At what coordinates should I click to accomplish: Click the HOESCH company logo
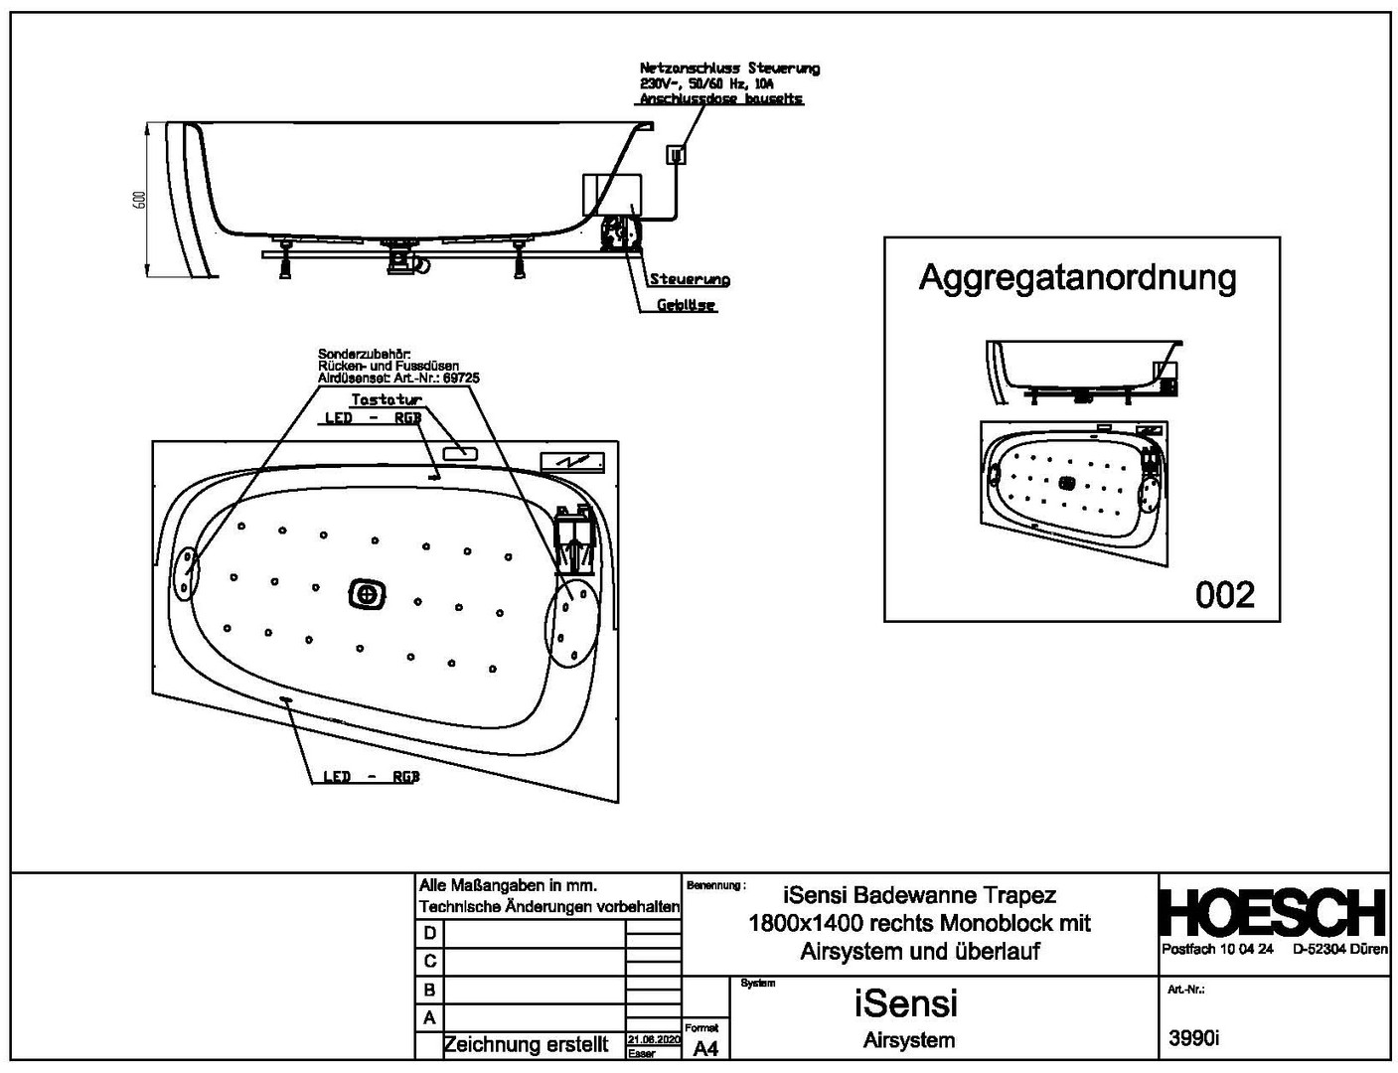pyautogui.click(x=1273, y=912)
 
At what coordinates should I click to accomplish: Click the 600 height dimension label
pyautogui.click(x=140, y=200)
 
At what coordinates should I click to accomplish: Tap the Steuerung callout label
pyautogui.click(x=690, y=279)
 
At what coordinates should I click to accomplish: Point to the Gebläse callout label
pyautogui.click(x=686, y=305)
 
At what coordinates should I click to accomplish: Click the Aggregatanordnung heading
pyautogui.click(x=1077, y=276)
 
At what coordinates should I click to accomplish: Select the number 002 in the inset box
pyautogui.click(x=1224, y=594)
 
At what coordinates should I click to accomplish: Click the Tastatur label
pyautogui.click(x=387, y=399)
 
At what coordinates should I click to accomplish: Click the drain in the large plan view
pyautogui.click(x=368, y=594)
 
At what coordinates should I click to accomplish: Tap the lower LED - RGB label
pyautogui.click(x=371, y=776)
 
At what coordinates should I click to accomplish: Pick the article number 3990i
pyautogui.click(x=1192, y=1038)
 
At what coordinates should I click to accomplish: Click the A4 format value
pyautogui.click(x=704, y=1048)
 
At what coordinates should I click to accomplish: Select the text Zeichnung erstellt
pyautogui.click(x=526, y=1045)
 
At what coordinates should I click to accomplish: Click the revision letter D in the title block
pyautogui.click(x=429, y=933)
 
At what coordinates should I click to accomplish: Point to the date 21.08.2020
pyautogui.click(x=653, y=1039)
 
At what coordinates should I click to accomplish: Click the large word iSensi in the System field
pyautogui.click(x=905, y=1002)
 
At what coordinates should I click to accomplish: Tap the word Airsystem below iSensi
pyautogui.click(x=908, y=1040)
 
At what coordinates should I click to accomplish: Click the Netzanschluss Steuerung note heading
pyautogui.click(x=729, y=69)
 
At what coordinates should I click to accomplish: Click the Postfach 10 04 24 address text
pyautogui.click(x=1217, y=950)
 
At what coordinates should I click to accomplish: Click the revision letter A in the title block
pyautogui.click(x=429, y=1017)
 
